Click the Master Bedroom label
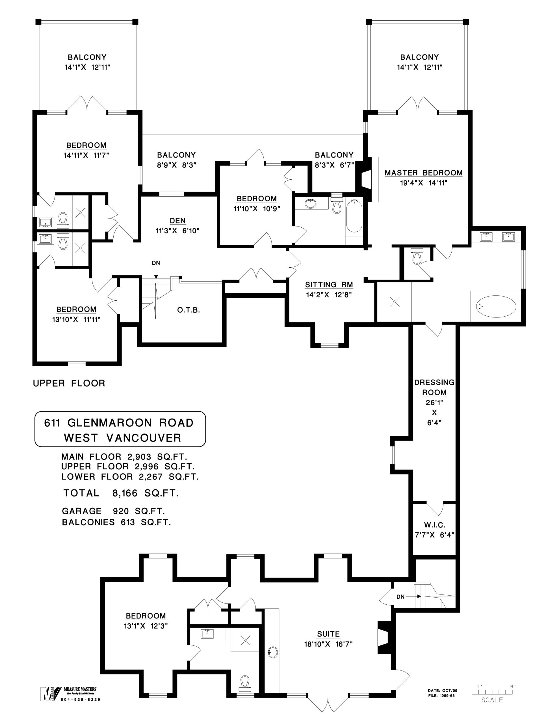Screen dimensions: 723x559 pos(423,173)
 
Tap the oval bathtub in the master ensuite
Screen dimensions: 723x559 pos(496,306)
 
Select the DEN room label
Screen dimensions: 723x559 pos(177,221)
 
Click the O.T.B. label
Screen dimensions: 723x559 pos(188,310)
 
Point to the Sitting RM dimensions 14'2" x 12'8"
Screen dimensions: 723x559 pos(328,295)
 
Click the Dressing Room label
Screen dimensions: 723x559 pos(434,387)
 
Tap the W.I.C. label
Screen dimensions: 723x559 pos(434,525)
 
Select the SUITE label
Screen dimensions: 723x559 pos(328,634)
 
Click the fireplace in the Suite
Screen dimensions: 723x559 pos(384,637)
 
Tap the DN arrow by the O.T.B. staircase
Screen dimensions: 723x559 pos(156,270)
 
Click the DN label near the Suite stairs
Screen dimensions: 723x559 pos(400,596)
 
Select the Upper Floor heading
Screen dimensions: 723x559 pos(69,383)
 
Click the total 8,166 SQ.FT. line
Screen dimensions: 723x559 pos(121,493)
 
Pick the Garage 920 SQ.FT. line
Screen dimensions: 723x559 pos(113,511)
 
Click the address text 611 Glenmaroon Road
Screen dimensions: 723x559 pos(119,423)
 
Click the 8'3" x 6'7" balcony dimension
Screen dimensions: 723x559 pos(334,165)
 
